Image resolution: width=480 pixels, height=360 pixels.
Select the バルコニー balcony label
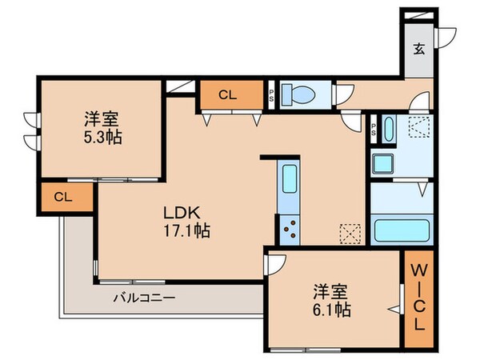pyautogui.click(x=143, y=297)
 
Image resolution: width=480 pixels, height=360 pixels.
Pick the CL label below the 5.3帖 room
pyautogui.click(x=62, y=197)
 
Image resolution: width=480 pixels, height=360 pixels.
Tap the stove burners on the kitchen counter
pyautogui.click(x=288, y=229)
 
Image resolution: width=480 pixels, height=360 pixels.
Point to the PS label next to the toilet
pyautogui.click(x=272, y=94)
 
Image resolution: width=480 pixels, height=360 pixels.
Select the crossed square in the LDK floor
pyautogui.click(x=349, y=232)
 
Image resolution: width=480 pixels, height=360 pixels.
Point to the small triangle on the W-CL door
pyautogui.click(x=394, y=307)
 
